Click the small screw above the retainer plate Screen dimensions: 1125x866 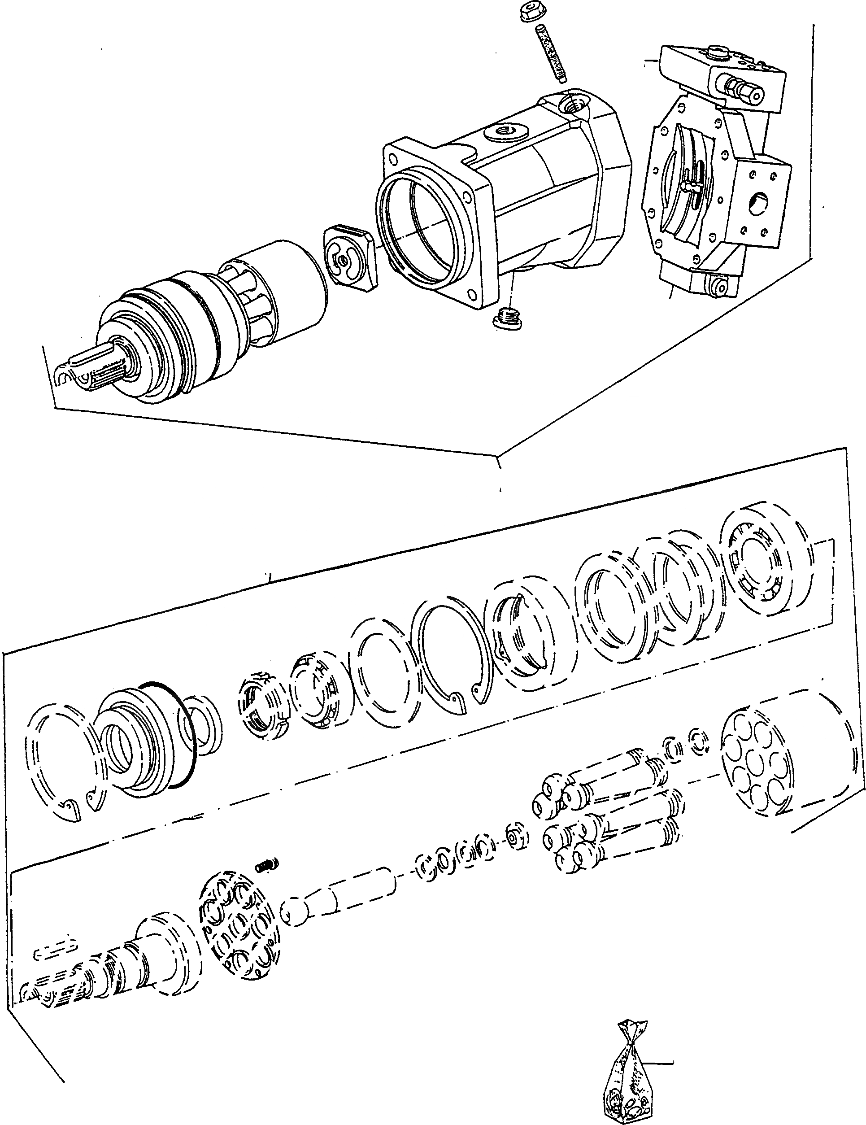(x=267, y=865)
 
